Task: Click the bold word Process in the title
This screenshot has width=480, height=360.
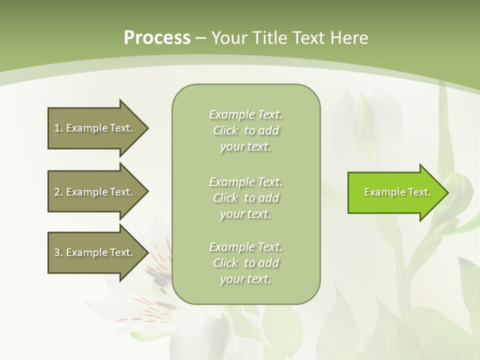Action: tap(157, 37)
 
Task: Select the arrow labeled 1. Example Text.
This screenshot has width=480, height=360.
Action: tap(95, 128)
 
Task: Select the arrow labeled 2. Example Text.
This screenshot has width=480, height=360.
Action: tap(95, 192)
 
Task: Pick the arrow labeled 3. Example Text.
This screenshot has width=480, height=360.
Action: tap(95, 252)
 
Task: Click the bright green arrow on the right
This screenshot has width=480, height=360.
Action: tap(395, 192)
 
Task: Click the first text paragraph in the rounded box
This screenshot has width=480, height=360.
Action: tap(245, 130)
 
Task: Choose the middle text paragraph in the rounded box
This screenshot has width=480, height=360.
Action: tap(245, 198)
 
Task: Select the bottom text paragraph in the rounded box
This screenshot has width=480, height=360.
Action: tap(245, 263)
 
